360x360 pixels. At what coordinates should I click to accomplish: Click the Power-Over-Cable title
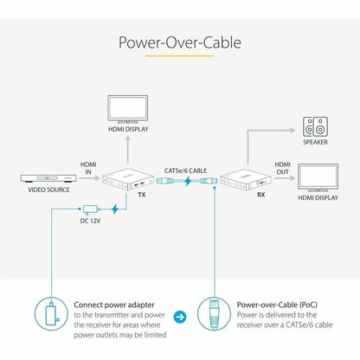tap(180, 42)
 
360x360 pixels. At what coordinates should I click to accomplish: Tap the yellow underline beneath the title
tap(179, 55)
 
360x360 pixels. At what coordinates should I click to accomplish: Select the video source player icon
tap(48, 178)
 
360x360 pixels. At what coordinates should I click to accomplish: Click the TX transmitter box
tap(128, 179)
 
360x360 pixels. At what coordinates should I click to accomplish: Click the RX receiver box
tap(246, 179)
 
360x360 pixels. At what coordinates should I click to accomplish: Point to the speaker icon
tap(315, 126)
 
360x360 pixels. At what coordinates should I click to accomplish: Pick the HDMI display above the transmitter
tap(128, 109)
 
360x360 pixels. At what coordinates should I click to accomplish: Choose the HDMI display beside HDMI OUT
tap(318, 177)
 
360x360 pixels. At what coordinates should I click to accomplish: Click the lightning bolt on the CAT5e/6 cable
tap(188, 181)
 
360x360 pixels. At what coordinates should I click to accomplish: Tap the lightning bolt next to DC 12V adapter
tap(115, 209)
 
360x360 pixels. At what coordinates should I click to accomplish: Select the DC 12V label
tap(90, 221)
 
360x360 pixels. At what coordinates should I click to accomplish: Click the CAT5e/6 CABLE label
tap(185, 170)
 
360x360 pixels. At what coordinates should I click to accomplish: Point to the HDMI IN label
tap(88, 168)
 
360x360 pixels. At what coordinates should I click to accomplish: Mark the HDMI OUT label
tap(282, 168)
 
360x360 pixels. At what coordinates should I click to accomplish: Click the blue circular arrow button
tap(180, 317)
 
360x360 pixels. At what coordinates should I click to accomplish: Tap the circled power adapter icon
tap(51, 314)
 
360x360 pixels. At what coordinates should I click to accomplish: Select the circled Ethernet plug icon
tap(214, 314)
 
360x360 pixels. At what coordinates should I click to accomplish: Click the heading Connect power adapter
tap(114, 305)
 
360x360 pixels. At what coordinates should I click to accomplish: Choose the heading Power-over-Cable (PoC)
tap(277, 305)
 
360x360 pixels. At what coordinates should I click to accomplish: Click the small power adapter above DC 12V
tap(91, 209)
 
